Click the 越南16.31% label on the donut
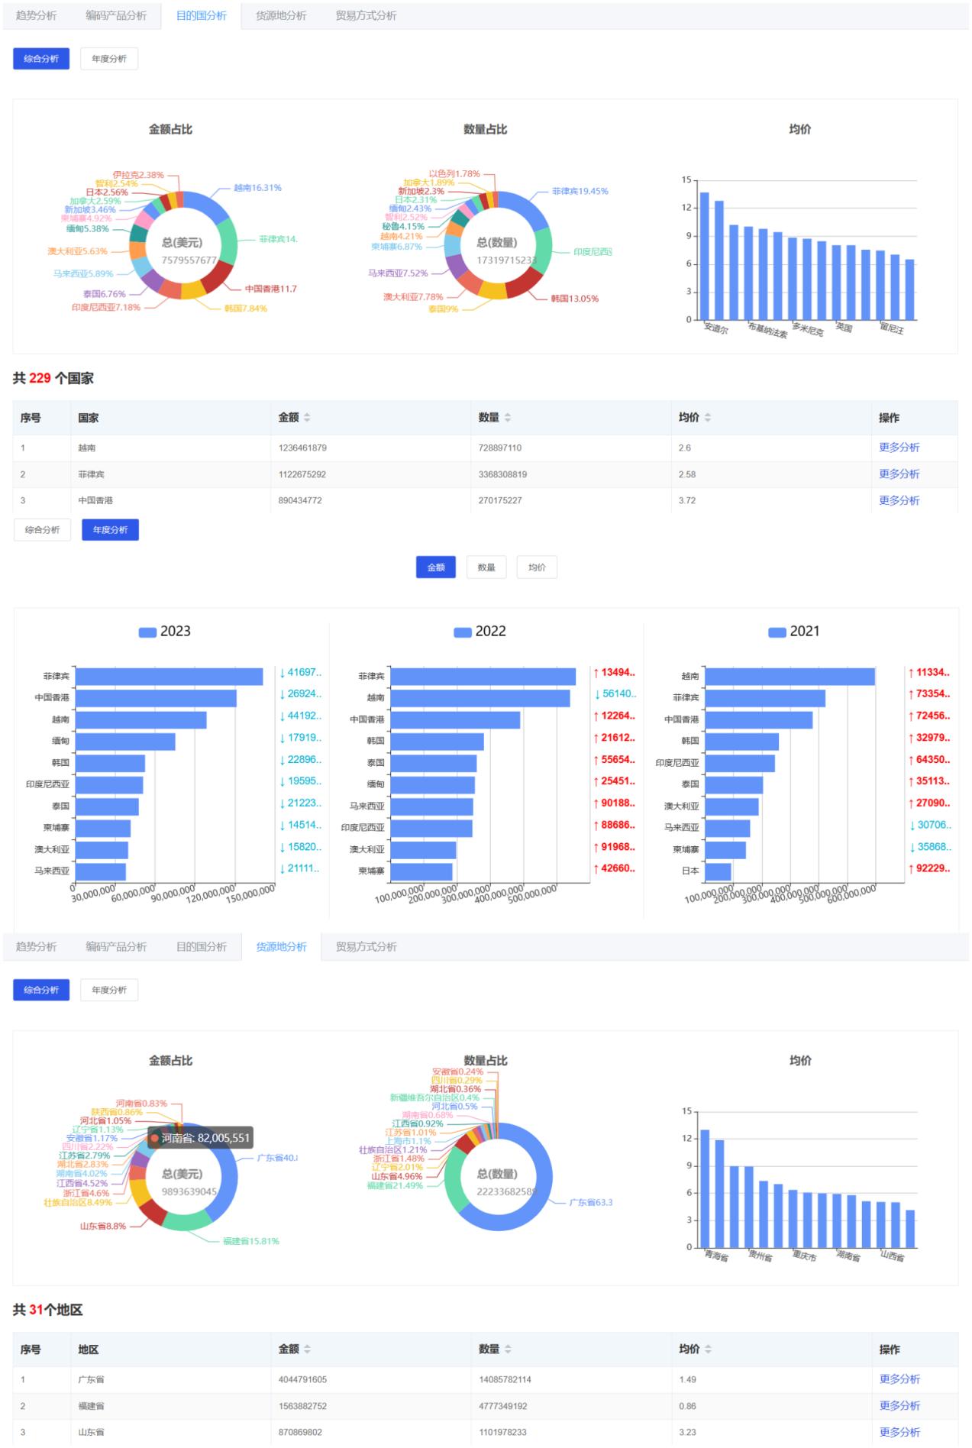click(257, 187)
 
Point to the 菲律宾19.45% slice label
click(580, 191)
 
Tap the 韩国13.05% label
click(574, 299)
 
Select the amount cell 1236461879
click(302, 448)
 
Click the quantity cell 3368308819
click(502, 474)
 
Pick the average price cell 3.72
click(687, 500)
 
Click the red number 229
click(40, 378)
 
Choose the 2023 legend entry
click(165, 632)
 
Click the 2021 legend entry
click(794, 632)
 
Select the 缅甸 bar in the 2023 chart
click(125, 742)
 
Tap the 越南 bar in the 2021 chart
click(790, 677)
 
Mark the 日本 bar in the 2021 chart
click(718, 871)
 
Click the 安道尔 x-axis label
click(715, 329)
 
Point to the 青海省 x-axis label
click(716, 1256)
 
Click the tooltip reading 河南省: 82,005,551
click(200, 1138)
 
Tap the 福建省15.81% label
click(250, 1241)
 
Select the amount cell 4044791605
click(302, 1379)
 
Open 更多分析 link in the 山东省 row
click(899, 1432)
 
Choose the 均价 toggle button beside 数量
click(537, 567)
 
